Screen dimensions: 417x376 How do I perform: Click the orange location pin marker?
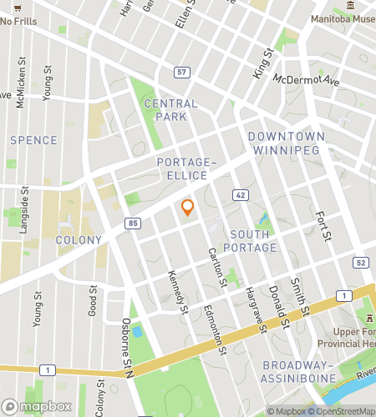(x=188, y=208)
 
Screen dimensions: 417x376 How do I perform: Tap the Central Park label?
(x=170, y=110)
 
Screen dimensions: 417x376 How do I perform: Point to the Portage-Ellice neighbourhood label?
(x=187, y=168)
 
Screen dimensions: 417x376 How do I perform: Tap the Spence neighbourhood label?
(x=33, y=141)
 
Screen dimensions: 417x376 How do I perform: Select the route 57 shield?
(x=181, y=73)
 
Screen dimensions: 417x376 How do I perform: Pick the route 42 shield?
(x=240, y=193)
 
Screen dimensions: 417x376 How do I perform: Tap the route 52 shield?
(x=360, y=263)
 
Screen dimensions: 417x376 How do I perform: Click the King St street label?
(x=263, y=63)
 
